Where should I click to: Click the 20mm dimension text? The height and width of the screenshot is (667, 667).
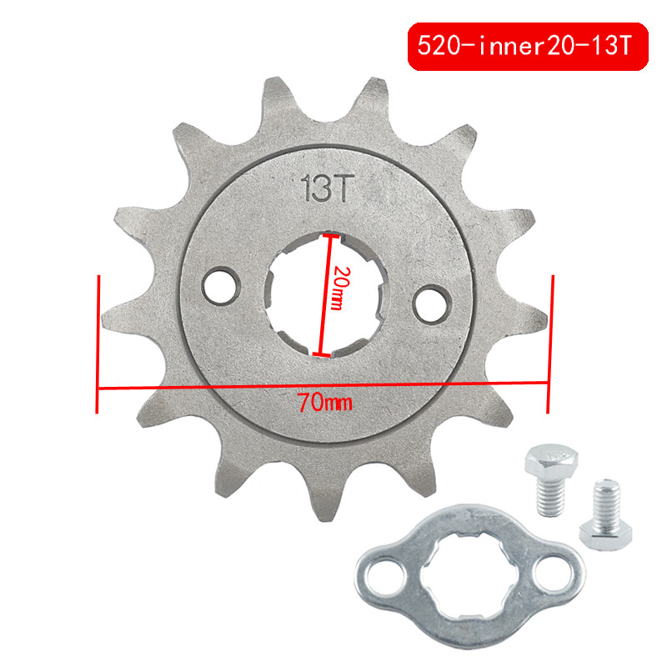coord(338,288)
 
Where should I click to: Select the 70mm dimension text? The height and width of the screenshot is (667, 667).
coord(324,403)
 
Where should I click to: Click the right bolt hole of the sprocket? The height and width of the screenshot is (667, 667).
coord(430,299)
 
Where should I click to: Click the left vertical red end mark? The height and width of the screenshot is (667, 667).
coord(99,343)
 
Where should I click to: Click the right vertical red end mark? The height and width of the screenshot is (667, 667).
coord(549,343)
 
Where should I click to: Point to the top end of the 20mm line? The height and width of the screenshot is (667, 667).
coord(331,236)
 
